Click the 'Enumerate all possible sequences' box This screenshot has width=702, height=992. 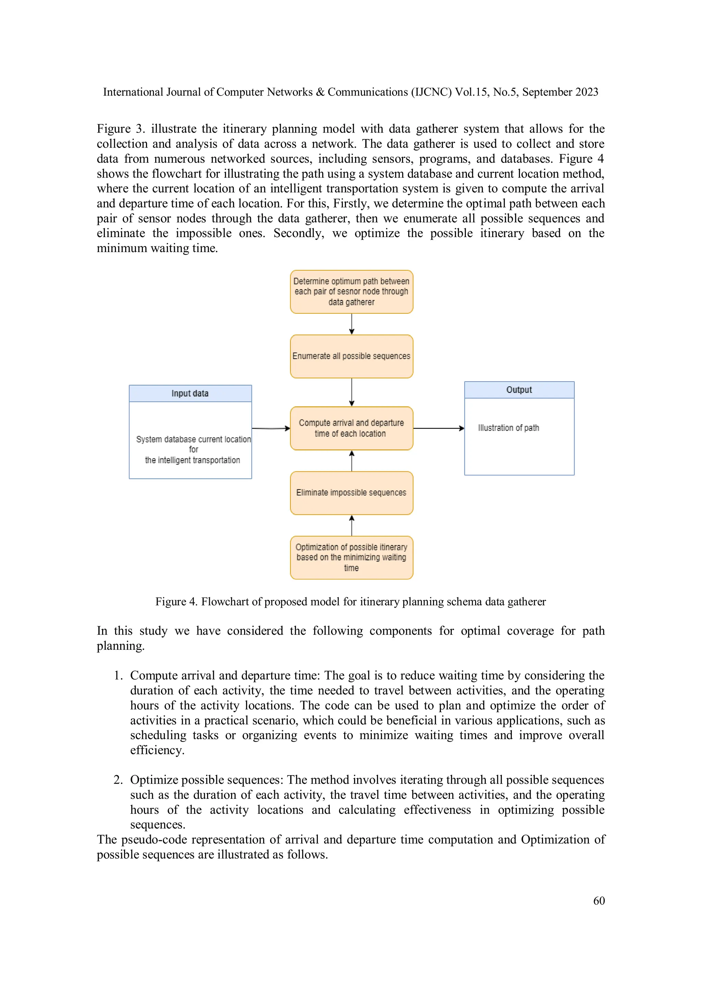tap(351, 356)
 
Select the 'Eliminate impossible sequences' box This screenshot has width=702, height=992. tap(351, 493)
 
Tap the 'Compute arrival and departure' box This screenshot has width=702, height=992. tap(351, 428)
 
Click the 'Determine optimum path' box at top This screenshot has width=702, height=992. tap(351, 292)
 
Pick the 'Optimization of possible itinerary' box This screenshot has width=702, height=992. tap(351, 557)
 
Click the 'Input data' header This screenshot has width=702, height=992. tap(190, 394)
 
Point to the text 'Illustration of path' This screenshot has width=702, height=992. tap(508, 428)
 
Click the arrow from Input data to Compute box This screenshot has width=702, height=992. tap(270, 428)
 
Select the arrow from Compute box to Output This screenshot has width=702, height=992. tap(438, 428)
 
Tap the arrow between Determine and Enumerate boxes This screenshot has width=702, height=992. tap(351, 324)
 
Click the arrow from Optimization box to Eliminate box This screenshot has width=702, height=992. tap(351, 525)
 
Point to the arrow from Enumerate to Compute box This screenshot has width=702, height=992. tap(351, 392)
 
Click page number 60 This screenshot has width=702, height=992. tap(599, 901)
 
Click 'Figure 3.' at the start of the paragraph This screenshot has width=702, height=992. tap(120, 129)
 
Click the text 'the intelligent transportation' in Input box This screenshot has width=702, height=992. tap(192, 460)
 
